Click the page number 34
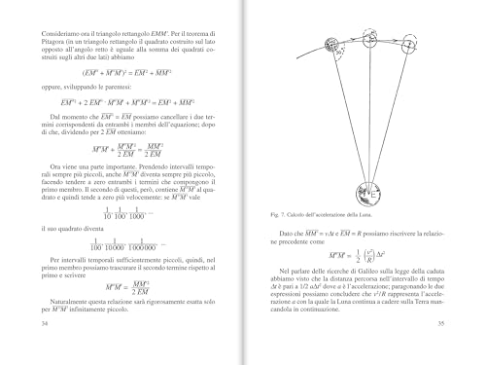(x=36, y=347)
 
